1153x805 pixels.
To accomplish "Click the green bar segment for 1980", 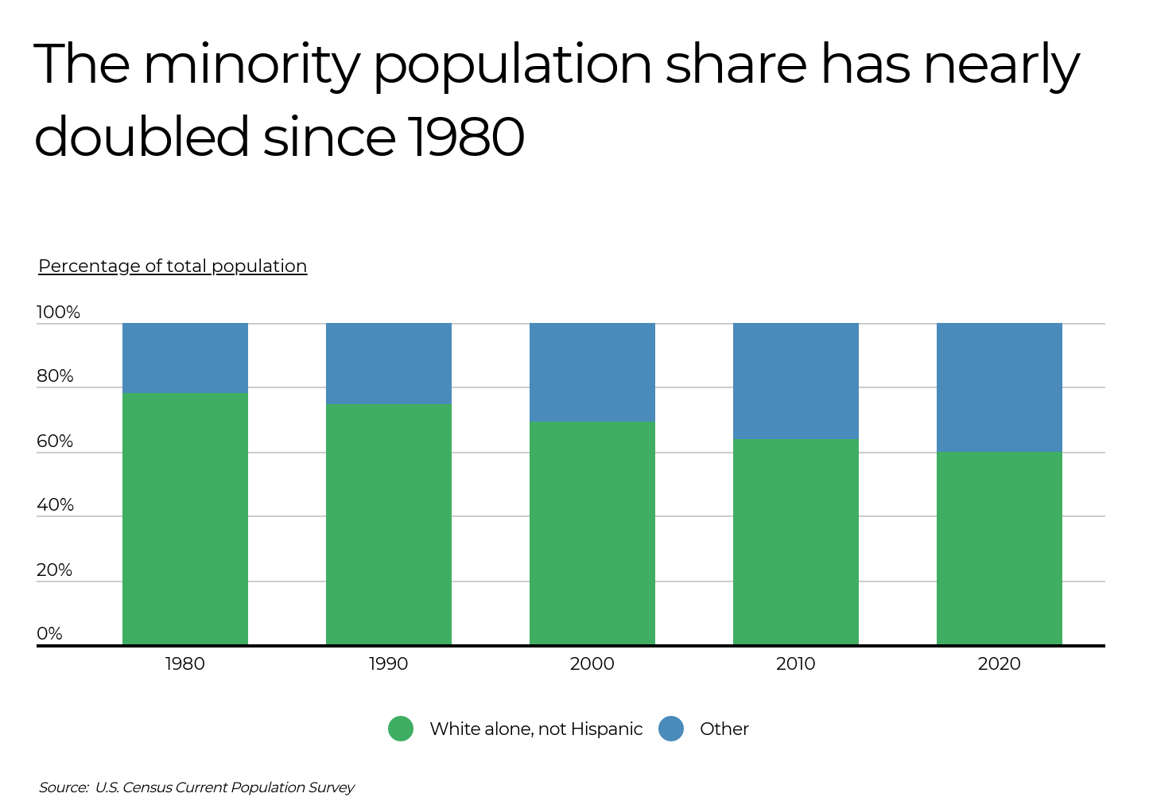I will (184, 518).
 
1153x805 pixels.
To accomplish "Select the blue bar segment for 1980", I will (184, 357).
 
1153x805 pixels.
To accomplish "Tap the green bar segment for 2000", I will (592, 532).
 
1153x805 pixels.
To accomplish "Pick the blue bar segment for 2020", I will (999, 387).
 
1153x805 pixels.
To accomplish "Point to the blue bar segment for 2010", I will (795, 380).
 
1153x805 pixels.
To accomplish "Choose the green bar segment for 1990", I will (388, 523).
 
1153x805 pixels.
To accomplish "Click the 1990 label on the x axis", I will (388, 664).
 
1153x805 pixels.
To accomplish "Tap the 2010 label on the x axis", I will (795, 664).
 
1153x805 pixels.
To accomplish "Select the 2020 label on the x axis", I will (999, 664).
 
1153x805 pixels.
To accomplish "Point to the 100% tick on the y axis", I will (58, 313).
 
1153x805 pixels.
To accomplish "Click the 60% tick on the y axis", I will (55, 441).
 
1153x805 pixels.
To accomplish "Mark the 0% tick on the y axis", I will (49, 634).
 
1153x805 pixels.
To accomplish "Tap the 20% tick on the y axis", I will (55, 570).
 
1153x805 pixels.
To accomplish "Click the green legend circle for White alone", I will (401, 729).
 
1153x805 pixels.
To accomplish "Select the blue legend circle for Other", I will (671, 729).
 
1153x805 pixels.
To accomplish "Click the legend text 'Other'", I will (724, 729).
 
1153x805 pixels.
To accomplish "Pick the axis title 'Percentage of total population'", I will (173, 266).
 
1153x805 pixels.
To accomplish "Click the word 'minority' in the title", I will (251, 65).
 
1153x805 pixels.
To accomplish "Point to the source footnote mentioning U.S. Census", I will (196, 787).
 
